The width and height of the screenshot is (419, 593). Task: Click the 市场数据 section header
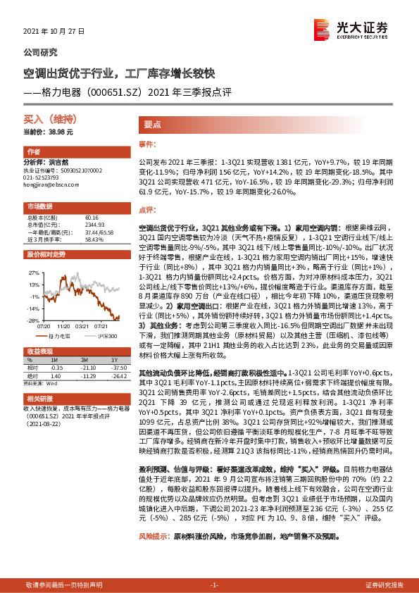click(40, 206)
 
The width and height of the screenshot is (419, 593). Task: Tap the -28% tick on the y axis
click(32, 320)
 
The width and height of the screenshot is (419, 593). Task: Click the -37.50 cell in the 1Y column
click(118, 368)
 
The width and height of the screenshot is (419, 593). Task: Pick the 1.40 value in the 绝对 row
click(57, 376)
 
